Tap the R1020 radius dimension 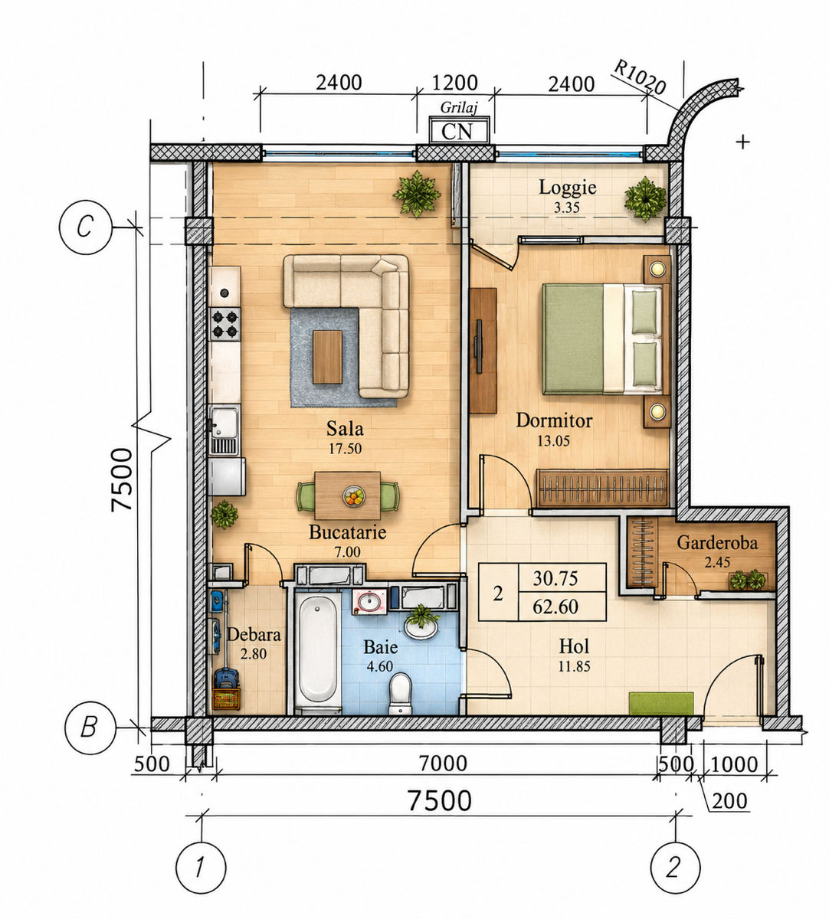coord(640,78)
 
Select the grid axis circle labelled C coord(85,227)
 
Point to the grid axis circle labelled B coord(89,728)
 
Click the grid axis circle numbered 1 coord(201,867)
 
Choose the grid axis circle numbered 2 coord(676,867)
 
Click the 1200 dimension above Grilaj coord(455,83)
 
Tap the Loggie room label coord(568,187)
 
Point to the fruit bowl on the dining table coord(353,496)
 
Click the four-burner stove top coord(225,324)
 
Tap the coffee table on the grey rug coord(327,357)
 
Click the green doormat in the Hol coord(661,703)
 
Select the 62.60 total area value coord(555,607)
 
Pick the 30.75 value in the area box coord(555,579)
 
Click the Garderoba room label coord(717,543)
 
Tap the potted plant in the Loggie coord(646,198)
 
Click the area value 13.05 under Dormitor coord(553,440)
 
